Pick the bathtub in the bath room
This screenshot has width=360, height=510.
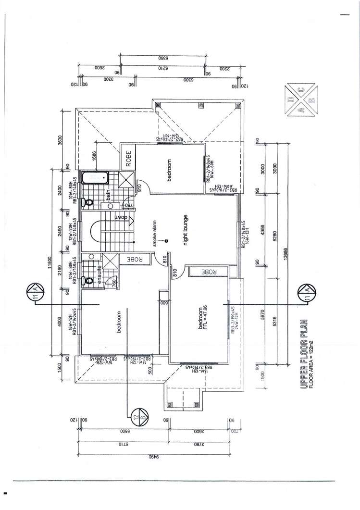tap(96, 178)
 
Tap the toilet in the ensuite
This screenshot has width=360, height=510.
tap(86, 280)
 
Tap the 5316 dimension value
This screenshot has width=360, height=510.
tap(274, 320)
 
